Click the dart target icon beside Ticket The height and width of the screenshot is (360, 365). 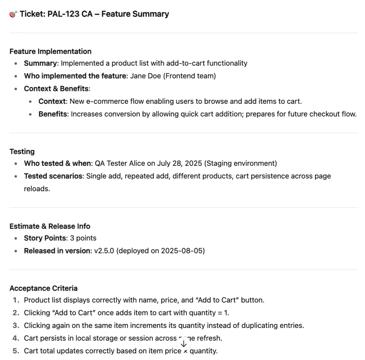click(x=13, y=14)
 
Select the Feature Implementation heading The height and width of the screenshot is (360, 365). click(x=50, y=51)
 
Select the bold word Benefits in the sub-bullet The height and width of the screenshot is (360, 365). click(x=53, y=114)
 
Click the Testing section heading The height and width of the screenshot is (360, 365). click(x=22, y=151)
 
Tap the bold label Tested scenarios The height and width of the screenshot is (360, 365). click(x=53, y=176)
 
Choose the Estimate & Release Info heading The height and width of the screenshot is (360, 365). click(x=50, y=226)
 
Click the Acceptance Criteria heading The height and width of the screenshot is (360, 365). click(x=43, y=288)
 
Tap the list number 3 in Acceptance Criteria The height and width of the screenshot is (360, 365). click(x=15, y=325)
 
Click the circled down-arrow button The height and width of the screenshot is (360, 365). click(x=184, y=344)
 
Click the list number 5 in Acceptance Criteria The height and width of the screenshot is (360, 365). click(x=15, y=351)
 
